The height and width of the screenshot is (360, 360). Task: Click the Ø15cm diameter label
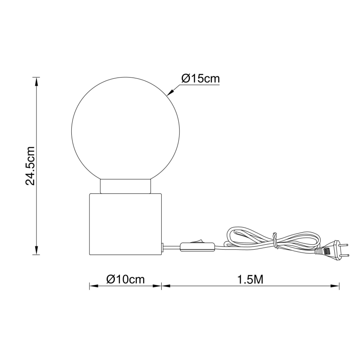point(200,78)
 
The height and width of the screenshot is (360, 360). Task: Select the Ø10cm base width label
point(125,280)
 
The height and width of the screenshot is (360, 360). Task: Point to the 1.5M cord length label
point(251,280)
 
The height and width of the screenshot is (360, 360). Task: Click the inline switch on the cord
point(197,246)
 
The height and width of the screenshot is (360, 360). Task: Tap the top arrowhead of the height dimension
point(37,81)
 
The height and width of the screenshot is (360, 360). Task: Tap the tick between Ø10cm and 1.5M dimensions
point(161,286)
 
